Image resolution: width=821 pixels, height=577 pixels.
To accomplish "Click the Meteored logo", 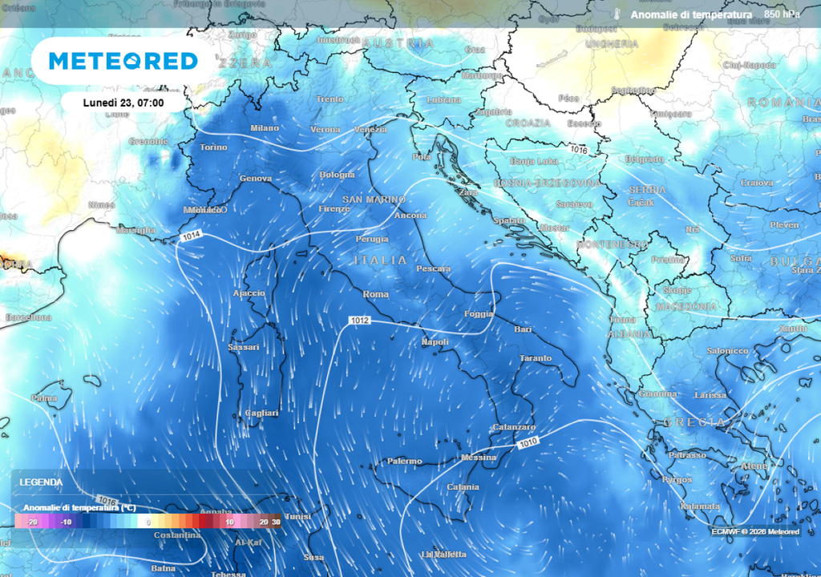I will (123, 61).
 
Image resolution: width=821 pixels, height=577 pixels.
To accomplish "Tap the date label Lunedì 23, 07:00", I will (123, 103).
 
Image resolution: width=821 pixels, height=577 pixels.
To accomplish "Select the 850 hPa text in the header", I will (782, 14).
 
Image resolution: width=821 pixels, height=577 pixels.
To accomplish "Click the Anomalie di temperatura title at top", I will (691, 14).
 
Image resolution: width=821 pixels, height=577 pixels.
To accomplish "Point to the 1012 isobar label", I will (359, 321).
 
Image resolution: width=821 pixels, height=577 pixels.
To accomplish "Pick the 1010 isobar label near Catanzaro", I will (527, 442).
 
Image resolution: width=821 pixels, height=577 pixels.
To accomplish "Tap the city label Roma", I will (376, 295).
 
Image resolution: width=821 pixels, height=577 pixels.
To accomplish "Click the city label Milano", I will (265, 128).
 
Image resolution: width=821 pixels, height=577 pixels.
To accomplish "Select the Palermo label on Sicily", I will (404, 461).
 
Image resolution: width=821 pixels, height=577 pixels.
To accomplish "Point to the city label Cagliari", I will (261, 413).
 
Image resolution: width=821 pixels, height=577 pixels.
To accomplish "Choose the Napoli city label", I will (435, 342).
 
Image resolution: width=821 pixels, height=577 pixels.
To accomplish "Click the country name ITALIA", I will (381, 260).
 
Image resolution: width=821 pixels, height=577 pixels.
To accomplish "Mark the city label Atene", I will (754, 466).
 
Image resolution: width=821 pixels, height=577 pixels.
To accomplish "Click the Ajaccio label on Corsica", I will (249, 293).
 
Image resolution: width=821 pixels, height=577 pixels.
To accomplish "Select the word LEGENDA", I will (41, 482).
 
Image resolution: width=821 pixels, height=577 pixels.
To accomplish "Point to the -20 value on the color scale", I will (33, 522).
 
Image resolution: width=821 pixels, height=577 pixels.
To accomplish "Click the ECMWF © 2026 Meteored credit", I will (755, 531).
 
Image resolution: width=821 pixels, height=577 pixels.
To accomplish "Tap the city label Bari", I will (523, 329).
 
